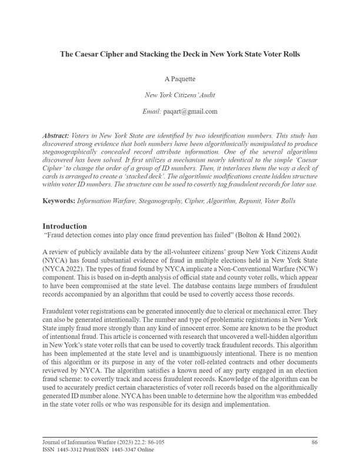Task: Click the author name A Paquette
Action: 179,78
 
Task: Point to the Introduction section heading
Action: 65,226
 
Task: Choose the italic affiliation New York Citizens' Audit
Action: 179,94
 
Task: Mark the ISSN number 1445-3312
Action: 76,450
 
